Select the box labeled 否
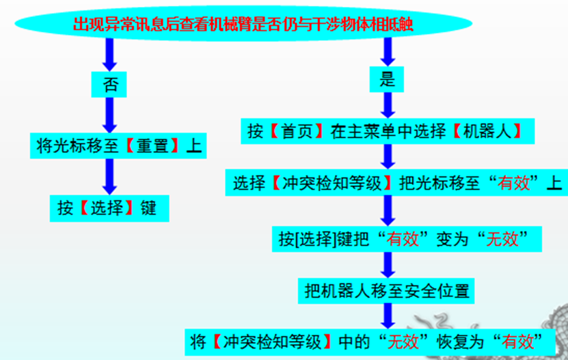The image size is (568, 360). coord(108,84)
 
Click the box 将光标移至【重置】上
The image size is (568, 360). coord(118,146)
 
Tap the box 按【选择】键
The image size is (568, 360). coord(107,208)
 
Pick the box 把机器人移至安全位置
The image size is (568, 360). coord(387,290)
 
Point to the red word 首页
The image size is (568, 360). coord(301,131)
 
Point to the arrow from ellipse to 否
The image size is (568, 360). coord(108,55)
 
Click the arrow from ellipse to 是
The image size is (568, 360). coord(388,52)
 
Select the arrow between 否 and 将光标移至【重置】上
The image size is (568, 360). coord(108,114)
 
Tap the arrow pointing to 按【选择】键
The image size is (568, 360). coord(108,177)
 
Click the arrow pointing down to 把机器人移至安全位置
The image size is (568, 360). coord(388,264)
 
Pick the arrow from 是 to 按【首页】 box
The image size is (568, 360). coord(388,105)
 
